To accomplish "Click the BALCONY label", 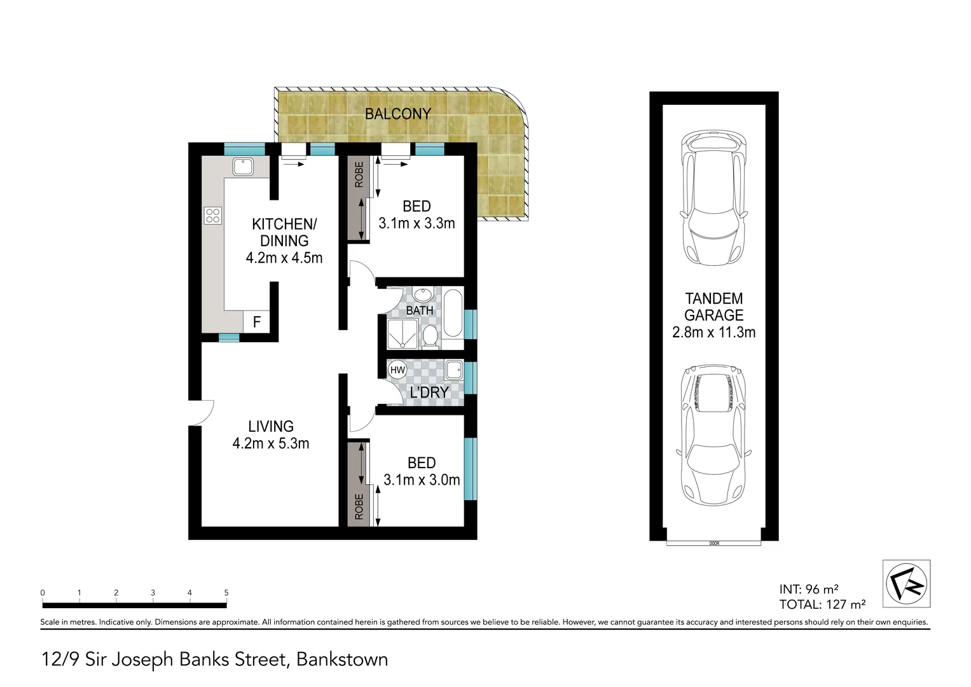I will point(397,114).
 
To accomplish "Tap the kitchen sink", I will point(242,167).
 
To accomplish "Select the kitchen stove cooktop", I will point(213,216).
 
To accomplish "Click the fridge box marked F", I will point(256,322).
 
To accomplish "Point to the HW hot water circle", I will point(397,370).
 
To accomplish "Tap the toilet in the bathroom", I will point(430,337).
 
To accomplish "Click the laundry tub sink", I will point(454,369).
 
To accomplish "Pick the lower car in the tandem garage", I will point(713,434).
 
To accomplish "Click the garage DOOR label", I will point(713,543).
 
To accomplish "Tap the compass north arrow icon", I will point(906,583).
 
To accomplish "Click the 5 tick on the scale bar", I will point(226,593).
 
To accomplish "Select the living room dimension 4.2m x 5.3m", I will point(271,443).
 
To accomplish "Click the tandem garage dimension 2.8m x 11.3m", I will point(713,332).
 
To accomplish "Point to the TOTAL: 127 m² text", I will point(822,604).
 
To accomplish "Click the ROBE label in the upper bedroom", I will point(359,174).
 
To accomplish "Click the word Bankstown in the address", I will point(342,659).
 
